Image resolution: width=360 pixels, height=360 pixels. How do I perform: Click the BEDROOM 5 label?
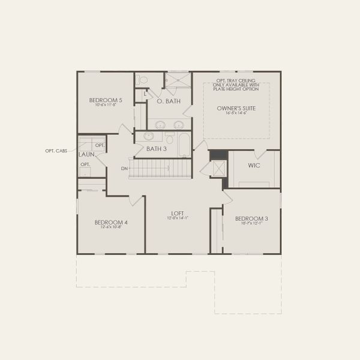106,100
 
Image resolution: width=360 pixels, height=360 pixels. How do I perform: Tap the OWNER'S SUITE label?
236,108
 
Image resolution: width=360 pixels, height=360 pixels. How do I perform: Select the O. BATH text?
169,102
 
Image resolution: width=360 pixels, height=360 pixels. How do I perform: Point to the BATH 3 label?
156,148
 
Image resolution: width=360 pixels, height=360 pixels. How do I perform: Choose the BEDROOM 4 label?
111,222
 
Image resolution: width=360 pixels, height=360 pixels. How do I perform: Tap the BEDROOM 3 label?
251,218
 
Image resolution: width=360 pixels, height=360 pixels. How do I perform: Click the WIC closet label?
253,165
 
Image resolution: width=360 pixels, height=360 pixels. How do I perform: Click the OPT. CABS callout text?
56,151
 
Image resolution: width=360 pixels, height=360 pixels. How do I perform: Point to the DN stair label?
124,169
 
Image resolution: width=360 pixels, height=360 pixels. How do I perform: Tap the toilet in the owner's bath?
143,80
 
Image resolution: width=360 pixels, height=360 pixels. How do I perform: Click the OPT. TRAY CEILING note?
236,85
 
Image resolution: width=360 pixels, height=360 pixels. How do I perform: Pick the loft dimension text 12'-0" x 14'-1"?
178,218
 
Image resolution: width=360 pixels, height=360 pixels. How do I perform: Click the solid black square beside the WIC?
218,155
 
